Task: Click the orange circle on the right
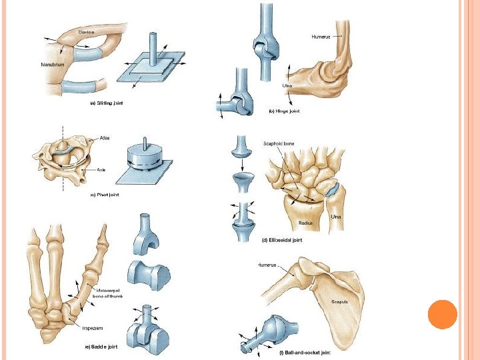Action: coord(442,314)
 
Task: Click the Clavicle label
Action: coord(86,31)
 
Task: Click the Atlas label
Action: coord(104,137)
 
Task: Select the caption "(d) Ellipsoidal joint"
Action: coord(283,240)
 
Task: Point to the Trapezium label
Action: coord(92,328)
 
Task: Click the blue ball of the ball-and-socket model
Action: coord(273,327)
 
